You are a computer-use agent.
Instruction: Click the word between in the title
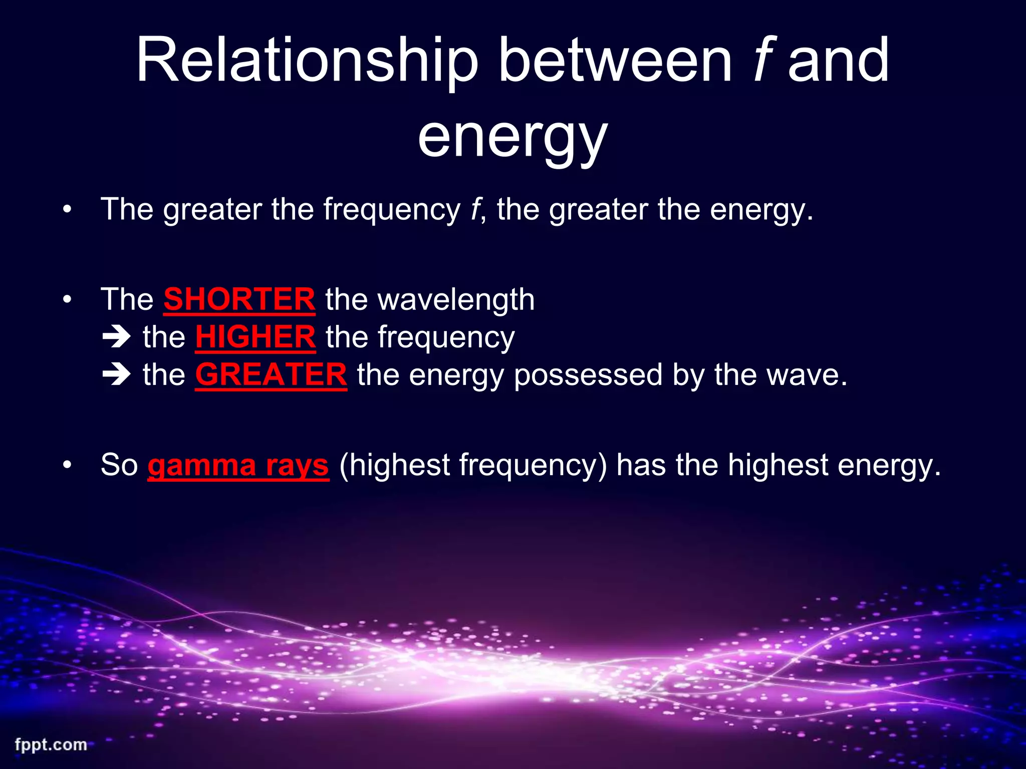click(x=615, y=61)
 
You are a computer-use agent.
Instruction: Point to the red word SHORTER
click(x=239, y=299)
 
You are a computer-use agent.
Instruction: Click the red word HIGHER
click(x=255, y=337)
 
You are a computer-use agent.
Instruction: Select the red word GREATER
click(x=271, y=374)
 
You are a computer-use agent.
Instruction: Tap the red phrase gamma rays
click(x=238, y=465)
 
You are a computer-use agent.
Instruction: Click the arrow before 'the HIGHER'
click(x=116, y=337)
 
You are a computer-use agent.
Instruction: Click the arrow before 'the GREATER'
click(x=116, y=375)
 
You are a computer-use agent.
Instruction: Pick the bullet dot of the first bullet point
click(x=67, y=210)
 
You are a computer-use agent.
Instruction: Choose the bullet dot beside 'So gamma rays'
click(x=67, y=465)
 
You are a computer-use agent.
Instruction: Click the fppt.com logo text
click(x=51, y=744)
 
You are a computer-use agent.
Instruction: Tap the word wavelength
click(x=456, y=299)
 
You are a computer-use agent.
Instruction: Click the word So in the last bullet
click(x=119, y=465)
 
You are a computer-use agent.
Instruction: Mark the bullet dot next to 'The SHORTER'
click(x=67, y=300)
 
